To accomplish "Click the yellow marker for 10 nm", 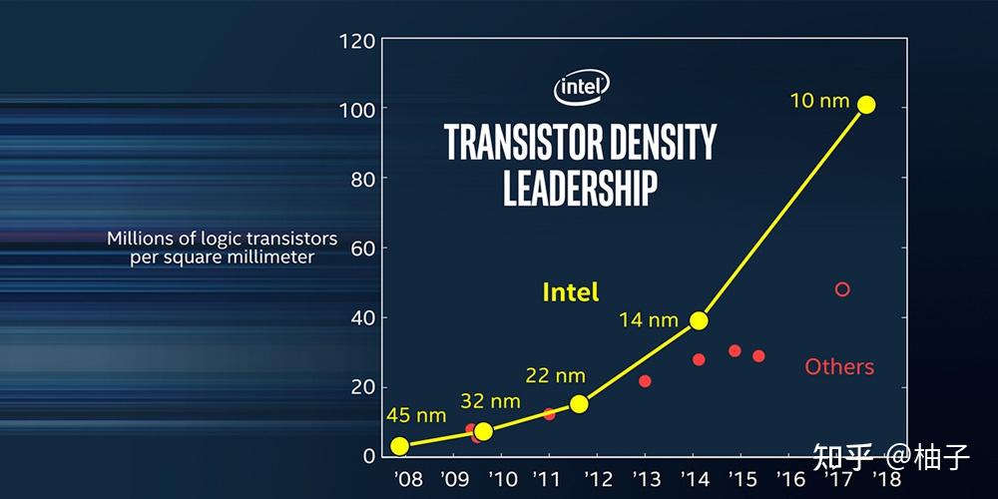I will tap(866, 105).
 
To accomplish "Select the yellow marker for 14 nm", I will tap(699, 320).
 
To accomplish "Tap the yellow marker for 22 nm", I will tap(579, 403).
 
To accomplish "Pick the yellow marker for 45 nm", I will tap(399, 446).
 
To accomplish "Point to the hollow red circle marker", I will tap(842, 289).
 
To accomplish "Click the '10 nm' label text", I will tap(819, 100).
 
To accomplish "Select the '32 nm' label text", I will tap(490, 401).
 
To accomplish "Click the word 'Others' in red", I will tap(839, 366).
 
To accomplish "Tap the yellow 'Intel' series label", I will tap(571, 291).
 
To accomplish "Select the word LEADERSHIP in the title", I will tap(580, 187).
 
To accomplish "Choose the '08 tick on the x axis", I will tap(407, 478).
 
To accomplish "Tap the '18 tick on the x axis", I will tap(881, 478).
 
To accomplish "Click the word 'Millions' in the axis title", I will tap(144, 240).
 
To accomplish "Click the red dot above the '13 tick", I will tap(645, 381).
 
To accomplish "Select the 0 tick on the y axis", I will tap(369, 456).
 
